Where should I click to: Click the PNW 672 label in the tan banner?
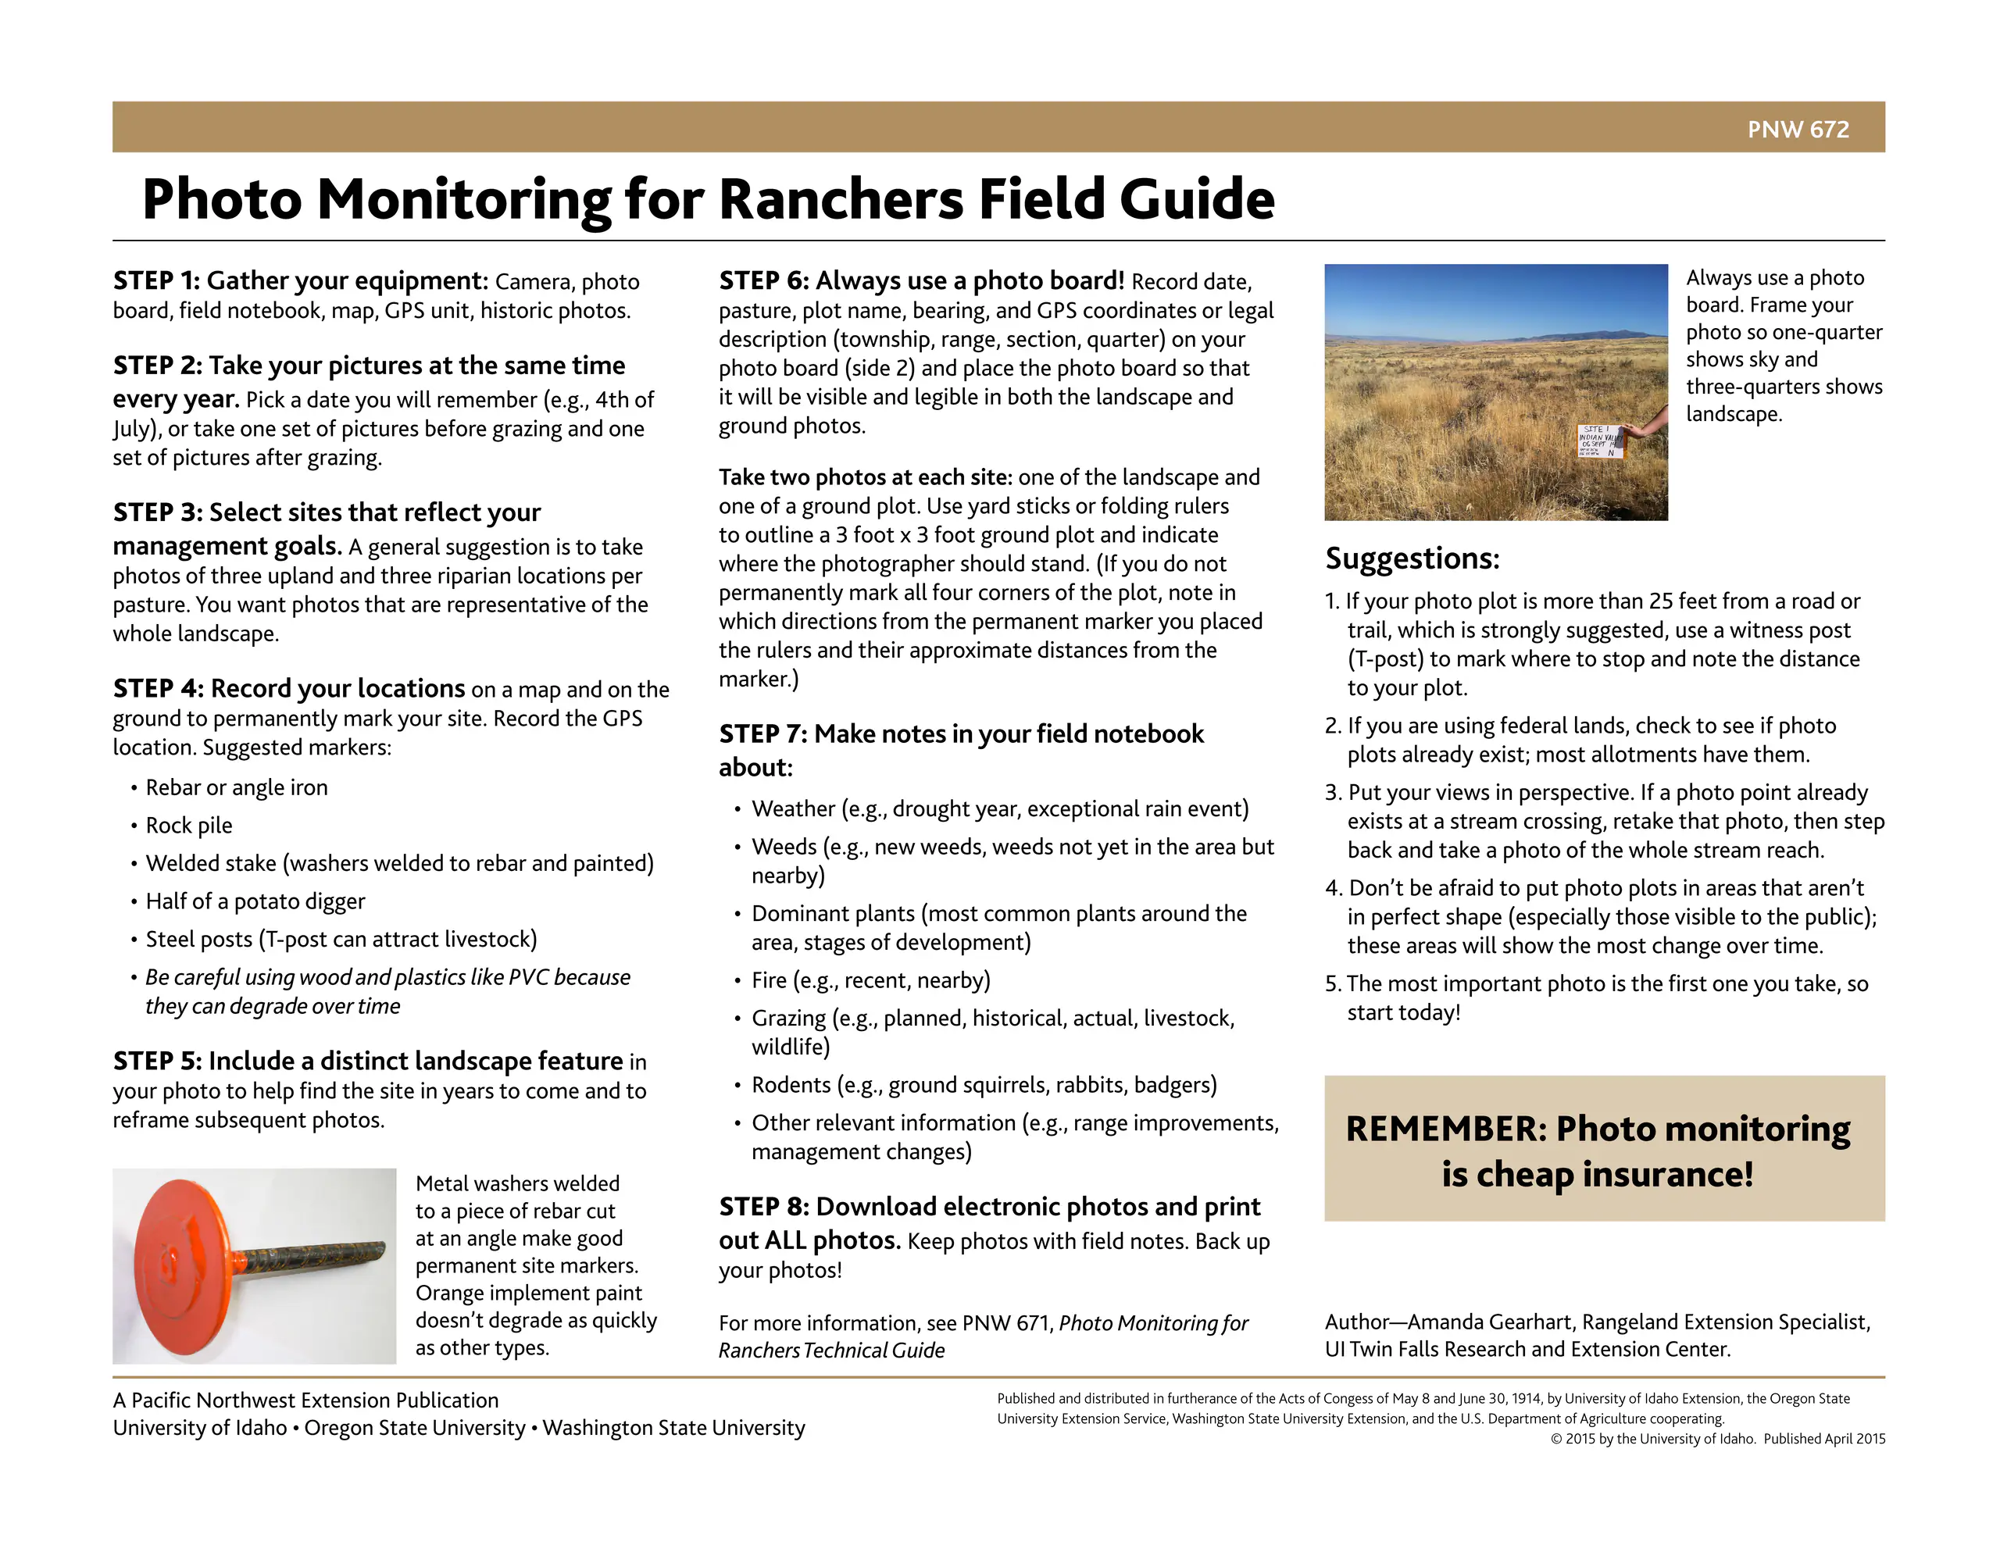1797,129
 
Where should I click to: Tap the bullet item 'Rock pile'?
188,825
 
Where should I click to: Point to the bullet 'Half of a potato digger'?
255,901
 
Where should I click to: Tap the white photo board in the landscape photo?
1600,441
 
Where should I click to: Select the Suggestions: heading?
1411,558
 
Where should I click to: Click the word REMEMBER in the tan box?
1445,1129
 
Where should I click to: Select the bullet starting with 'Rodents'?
984,1084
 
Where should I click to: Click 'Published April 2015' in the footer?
1824,1438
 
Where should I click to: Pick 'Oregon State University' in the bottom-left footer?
415,1428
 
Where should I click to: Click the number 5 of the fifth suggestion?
1331,983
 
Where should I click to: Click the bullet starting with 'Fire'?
870,980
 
